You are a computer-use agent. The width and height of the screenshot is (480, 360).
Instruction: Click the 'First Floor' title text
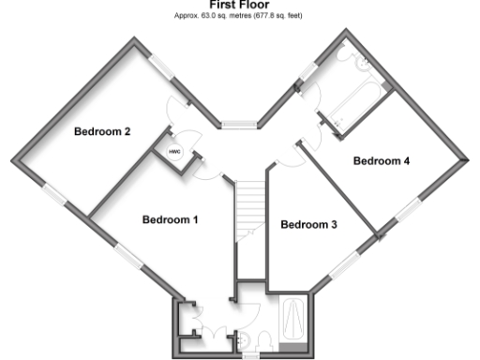pos(239,5)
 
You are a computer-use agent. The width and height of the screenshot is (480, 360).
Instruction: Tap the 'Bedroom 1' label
pos(170,220)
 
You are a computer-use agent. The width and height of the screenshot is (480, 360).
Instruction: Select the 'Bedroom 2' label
pos(102,131)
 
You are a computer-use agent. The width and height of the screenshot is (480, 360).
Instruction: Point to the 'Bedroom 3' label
pos(308,225)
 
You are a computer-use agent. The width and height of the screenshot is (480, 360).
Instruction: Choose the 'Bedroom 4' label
pos(382,161)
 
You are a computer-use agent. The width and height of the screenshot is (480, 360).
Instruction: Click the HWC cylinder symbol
pos(174,152)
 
